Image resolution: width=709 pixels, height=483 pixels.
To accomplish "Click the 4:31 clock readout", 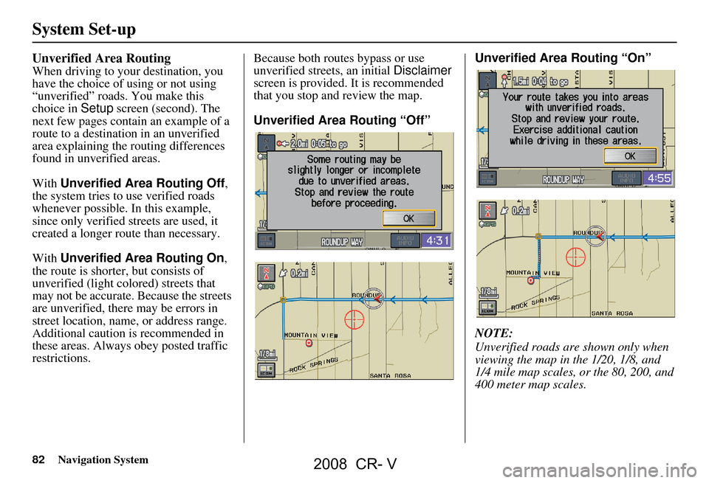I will pyautogui.click(x=437, y=240).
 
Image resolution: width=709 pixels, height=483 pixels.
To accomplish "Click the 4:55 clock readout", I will pyautogui.click(x=657, y=178).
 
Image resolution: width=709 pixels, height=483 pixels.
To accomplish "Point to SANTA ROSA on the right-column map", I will pyautogui.click(x=612, y=313).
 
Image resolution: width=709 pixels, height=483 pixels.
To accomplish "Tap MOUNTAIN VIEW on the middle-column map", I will pyautogui.click(x=311, y=334).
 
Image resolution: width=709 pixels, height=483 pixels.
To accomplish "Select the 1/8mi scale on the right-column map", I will pyautogui.click(x=488, y=291).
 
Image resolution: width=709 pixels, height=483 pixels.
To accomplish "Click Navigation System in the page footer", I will pyautogui.click(x=103, y=460).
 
